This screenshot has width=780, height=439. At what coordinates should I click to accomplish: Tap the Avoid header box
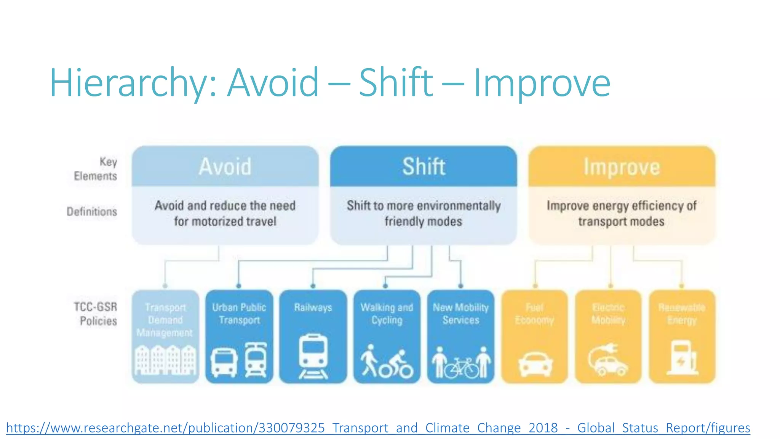coord(225,167)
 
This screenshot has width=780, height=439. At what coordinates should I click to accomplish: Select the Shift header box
coord(424,167)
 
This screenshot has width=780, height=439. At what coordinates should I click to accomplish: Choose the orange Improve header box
coord(622,167)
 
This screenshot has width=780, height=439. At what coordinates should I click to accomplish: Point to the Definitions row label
coord(92,211)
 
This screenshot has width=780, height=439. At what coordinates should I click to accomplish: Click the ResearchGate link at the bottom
coord(378,428)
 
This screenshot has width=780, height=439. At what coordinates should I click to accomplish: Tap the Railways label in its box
coord(313,307)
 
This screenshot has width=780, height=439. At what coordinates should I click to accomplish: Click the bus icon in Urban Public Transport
coord(224,362)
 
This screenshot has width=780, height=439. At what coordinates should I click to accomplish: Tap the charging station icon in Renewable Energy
coord(682,357)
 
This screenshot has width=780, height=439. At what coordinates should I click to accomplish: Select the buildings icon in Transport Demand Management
coord(166,360)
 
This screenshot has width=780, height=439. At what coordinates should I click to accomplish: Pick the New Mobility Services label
coord(461,313)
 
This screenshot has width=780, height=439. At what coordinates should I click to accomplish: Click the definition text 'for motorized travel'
coord(225,221)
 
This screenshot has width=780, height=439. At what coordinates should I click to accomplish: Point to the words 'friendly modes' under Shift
coord(423,221)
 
